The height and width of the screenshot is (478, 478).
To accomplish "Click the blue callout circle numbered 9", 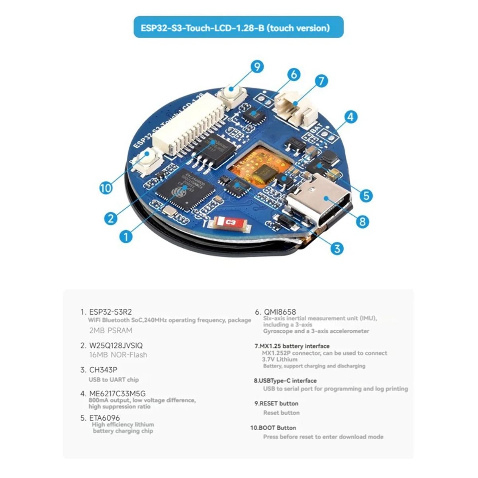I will [x=257, y=66].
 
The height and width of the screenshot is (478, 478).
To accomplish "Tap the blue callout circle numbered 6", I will [x=294, y=74].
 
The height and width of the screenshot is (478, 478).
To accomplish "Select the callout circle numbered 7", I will [x=321, y=81].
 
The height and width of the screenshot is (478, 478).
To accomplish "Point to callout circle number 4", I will [x=350, y=117].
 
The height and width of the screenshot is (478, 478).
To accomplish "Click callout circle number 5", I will [x=366, y=195].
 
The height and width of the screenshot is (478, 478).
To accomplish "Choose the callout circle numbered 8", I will [x=362, y=221].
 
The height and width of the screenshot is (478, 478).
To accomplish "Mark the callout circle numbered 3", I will [x=337, y=249].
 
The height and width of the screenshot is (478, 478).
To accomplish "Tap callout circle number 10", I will [x=106, y=188].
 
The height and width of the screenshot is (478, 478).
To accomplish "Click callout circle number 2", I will [x=111, y=218].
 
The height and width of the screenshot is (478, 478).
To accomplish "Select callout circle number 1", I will [x=126, y=237].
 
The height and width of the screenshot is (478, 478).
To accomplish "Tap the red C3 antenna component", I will [x=230, y=223].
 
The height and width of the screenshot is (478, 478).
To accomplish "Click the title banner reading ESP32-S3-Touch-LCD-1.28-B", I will [x=238, y=27].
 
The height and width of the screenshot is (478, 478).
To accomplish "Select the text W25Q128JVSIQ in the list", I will [x=116, y=345].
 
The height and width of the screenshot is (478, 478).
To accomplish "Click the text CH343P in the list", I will [x=103, y=370].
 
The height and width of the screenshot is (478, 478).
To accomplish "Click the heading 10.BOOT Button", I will [x=273, y=428].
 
